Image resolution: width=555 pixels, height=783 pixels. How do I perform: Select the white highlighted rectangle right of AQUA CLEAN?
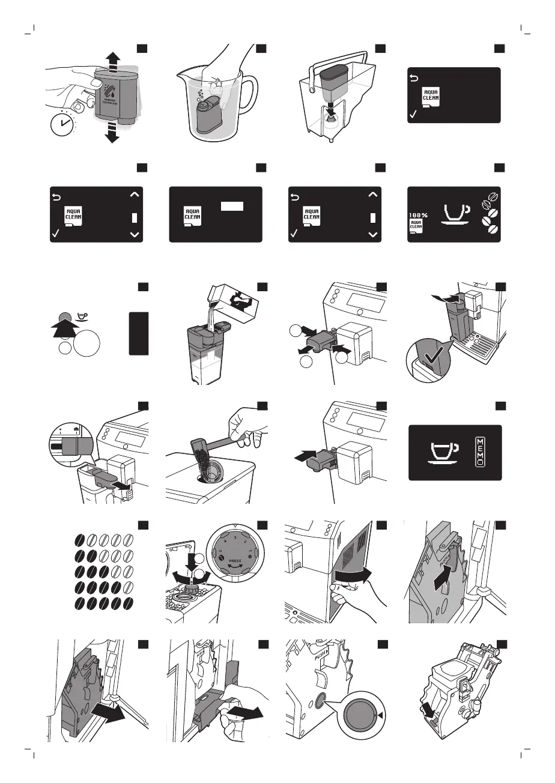(x=231, y=207)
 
